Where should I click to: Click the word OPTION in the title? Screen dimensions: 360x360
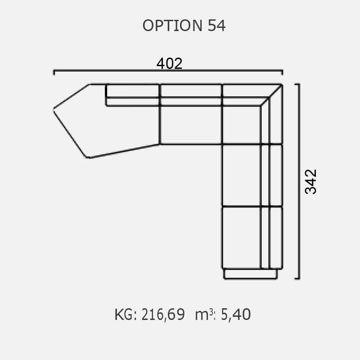click(172, 25)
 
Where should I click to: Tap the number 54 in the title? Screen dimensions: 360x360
click(216, 25)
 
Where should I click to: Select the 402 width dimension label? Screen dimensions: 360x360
click(170, 63)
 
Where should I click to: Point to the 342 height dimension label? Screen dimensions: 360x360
click(310, 182)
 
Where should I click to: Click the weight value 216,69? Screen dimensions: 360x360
click(163, 315)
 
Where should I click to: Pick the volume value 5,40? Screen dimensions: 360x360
click(236, 314)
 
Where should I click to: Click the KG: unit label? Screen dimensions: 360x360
click(126, 314)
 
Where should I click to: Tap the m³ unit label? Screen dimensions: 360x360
click(205, 315)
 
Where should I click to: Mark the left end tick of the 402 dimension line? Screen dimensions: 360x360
click(54, 72)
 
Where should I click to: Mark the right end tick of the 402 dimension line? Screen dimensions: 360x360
click(282, 72)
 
